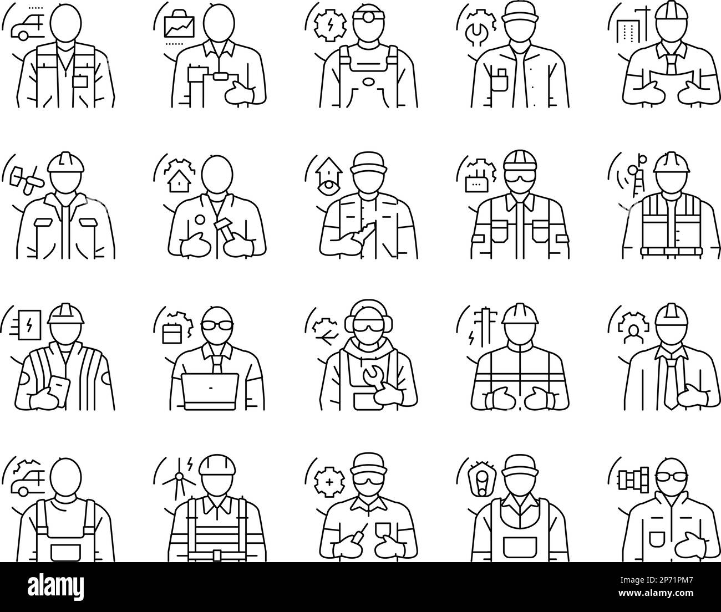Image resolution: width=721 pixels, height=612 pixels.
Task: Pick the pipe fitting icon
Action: click(631, 478)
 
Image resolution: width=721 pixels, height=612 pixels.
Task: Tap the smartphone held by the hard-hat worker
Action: click(57, 382)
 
